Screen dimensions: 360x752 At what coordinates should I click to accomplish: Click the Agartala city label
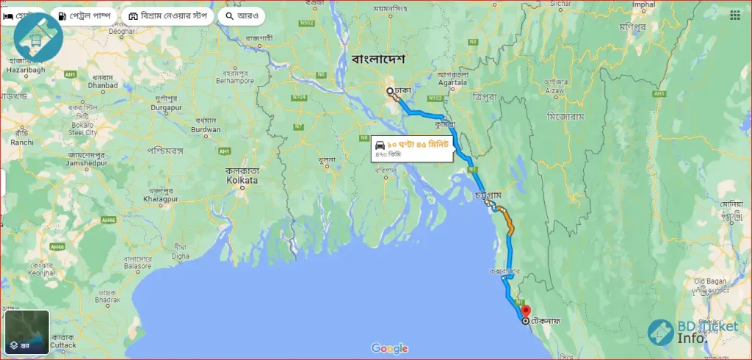tap(452, 82)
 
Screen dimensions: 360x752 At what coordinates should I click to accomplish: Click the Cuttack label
tap(63, 345)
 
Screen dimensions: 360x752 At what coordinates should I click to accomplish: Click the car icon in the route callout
tap(380, 144)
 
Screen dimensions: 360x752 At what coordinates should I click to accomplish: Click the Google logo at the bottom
tap(389, 348)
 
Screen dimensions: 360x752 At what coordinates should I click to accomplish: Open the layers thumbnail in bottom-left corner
tap(27, 332)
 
